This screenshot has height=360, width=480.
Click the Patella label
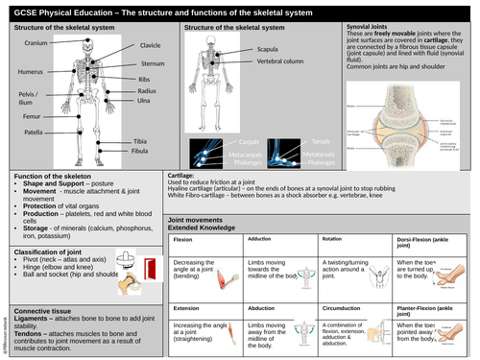(33, 132)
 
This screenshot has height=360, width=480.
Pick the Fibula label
(142, 152)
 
